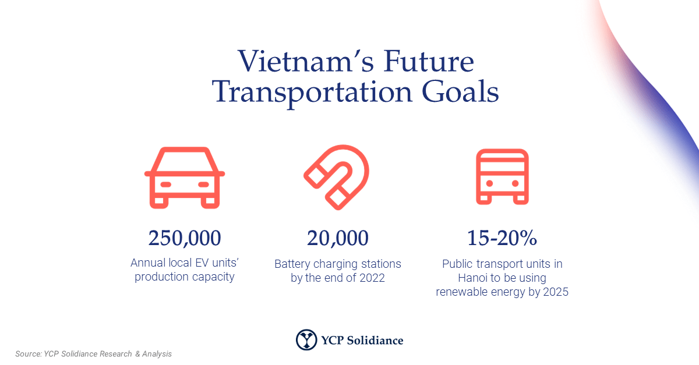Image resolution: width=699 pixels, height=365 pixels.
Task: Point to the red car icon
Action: click(185, 178)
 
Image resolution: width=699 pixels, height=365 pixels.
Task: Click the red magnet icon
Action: click(337, 178)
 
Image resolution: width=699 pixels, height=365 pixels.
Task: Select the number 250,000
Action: click(185, 238)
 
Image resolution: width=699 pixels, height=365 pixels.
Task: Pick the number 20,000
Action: click(338, 238)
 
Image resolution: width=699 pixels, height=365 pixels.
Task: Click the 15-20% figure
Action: click(502, 238)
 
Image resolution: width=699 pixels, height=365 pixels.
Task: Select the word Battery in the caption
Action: click(292, 264)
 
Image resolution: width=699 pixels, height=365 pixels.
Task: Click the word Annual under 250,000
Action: click(149, 263)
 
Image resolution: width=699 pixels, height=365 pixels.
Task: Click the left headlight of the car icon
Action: click(165, 184)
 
